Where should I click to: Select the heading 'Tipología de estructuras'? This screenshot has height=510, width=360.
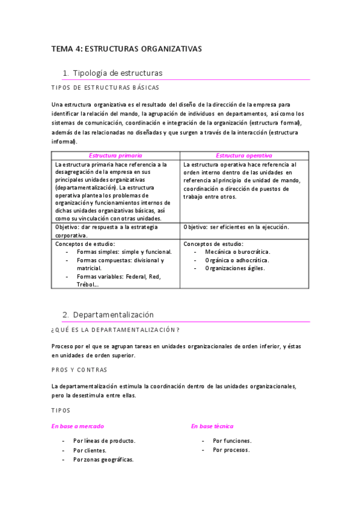point(117,73)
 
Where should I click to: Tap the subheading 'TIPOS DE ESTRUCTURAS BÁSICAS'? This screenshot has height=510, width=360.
point(105,88)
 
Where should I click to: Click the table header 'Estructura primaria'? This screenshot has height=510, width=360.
point(116,155)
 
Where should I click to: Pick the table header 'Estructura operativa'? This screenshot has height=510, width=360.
point(244,155)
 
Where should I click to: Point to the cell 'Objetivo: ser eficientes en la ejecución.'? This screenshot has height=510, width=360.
point(236,227)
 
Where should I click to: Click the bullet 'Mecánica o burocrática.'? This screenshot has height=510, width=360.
point(237,252)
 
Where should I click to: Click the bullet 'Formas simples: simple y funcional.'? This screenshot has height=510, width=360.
point(124,252)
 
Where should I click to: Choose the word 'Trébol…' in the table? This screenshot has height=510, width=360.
point(88,284)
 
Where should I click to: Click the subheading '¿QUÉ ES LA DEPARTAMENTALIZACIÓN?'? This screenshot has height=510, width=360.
point(115,330)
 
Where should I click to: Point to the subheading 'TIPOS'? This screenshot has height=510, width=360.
point(61,410)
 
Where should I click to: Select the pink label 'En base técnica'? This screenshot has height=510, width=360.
point(212,426)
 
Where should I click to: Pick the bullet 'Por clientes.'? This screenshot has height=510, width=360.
point(90,450)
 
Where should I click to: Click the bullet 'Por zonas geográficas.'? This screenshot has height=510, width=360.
point(103,459)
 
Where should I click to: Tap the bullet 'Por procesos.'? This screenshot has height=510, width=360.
point(231,450)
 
